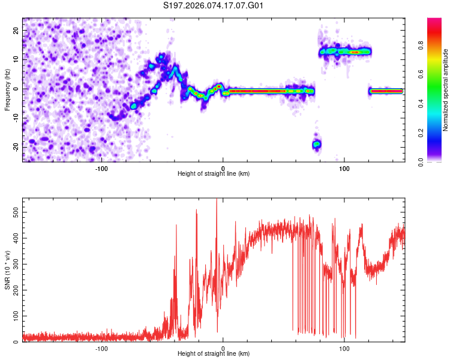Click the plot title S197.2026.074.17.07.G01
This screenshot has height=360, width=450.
click(x=214, y=5)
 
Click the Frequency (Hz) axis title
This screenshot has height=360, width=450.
click(x=7, y=90)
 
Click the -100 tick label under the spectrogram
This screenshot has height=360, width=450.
click(x=101, y=169)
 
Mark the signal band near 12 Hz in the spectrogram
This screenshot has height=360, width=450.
click(x=346, y=52)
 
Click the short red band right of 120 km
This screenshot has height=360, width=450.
click(x=386, y=91)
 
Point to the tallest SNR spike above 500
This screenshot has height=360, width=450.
click(x=217, y=201)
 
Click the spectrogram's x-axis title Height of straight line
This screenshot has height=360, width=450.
click(x=214, y=174)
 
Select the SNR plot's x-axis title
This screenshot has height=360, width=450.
click(x=214, y=354)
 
